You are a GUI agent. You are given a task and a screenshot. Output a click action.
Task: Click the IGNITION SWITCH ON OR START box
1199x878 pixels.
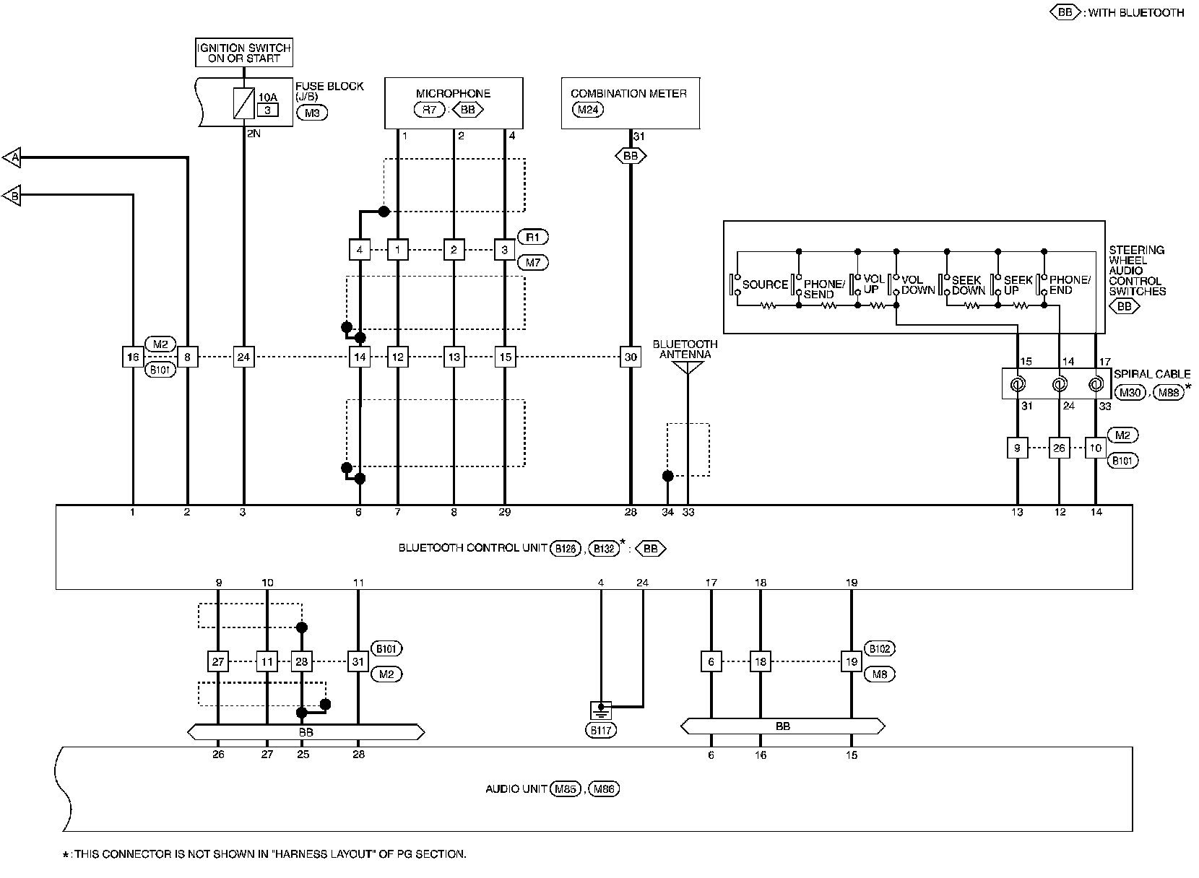[x=244, y=53]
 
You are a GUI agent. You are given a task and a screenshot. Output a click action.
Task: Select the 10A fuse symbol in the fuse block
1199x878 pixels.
[x=243, y=103]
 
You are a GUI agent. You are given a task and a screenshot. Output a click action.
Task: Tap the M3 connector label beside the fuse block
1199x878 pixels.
[x=312, y=113]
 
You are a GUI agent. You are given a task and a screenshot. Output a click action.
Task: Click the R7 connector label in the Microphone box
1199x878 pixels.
[x=429, y=110]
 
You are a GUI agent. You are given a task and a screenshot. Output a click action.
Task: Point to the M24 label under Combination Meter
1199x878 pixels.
[x=588, y=110]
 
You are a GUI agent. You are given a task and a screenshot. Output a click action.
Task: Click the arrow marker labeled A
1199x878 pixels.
[x=12, y=157]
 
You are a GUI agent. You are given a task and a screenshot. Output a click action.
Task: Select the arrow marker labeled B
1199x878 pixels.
[x=12, y=196]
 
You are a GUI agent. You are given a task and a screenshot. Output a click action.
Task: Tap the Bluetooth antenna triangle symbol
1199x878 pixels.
[x=688, y=368]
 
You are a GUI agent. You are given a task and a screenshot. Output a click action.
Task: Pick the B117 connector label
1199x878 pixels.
[x=601, y=730]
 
